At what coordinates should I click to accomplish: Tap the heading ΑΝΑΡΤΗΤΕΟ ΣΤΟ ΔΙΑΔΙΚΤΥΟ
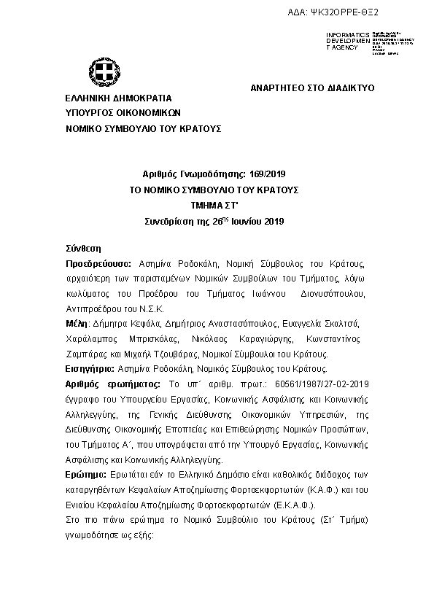tap(311, 88)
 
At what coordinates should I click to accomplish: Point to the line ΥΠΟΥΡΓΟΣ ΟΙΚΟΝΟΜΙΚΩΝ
tap(122, 113)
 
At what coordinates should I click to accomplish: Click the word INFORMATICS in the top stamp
tap(348, 35)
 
